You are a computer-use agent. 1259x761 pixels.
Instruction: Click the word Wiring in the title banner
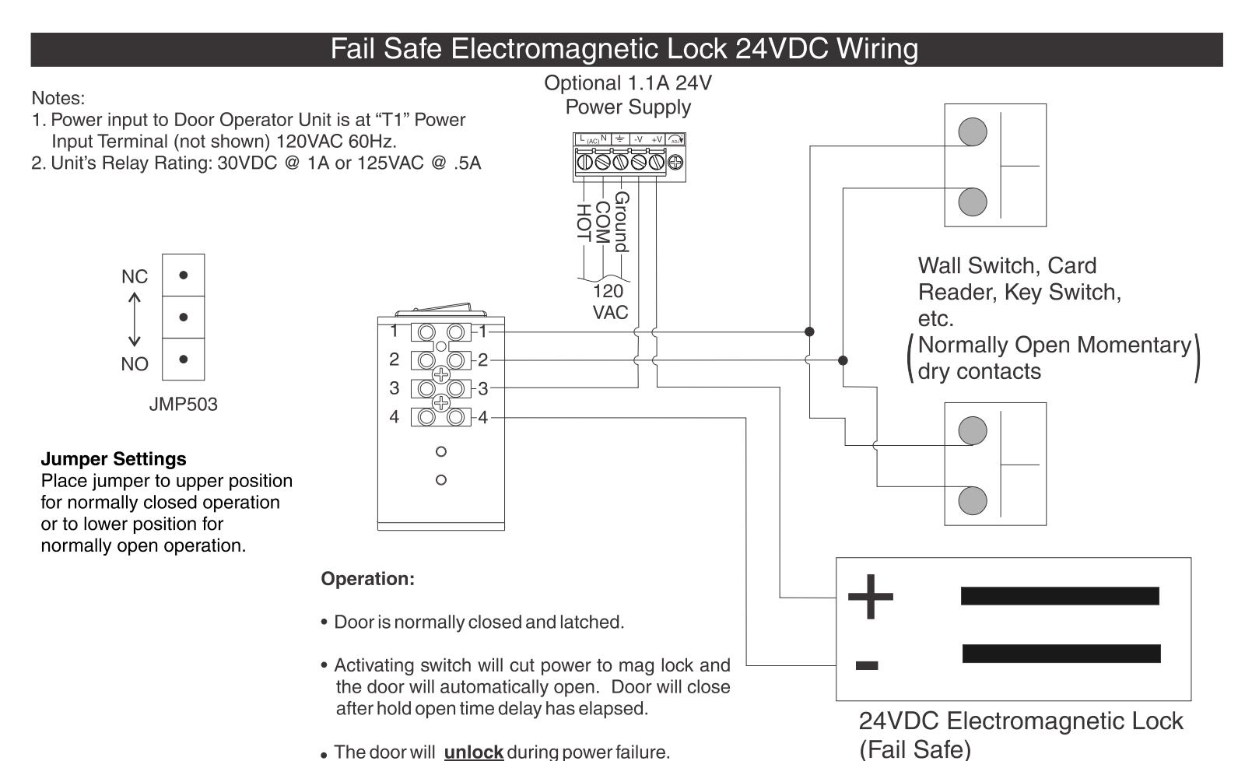point(877,50)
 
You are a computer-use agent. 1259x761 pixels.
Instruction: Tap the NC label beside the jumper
point(135,276)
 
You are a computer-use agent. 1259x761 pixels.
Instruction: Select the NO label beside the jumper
point(135,364)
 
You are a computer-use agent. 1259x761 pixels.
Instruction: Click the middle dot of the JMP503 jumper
point(183,317)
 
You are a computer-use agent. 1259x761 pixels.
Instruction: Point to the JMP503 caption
point(183,404)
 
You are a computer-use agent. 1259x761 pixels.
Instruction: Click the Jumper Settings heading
point(114,458)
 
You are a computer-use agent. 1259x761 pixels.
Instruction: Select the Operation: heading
point(367,579)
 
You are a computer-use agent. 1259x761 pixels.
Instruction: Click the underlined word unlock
point(473,752)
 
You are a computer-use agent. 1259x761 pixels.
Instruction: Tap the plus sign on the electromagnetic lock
point(870,596)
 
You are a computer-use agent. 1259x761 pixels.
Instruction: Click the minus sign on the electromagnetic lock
point(867,666)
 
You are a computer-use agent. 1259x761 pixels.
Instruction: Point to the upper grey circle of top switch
point(973,132)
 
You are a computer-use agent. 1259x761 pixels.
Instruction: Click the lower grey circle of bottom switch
point(973,501)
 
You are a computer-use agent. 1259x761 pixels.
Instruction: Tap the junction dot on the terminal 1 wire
point(809,331)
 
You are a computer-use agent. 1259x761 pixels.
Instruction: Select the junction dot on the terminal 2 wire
point(843,360)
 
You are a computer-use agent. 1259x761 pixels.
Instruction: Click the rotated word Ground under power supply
point(622,222)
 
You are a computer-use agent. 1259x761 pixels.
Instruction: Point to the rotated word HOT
point(584,223)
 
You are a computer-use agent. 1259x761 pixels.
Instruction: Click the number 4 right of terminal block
point(482,418)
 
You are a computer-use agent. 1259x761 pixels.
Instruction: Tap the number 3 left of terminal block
point(394,388)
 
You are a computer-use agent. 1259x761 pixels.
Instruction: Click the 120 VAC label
point(610,302)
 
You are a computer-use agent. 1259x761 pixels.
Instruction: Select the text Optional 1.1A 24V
point(628,83)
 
